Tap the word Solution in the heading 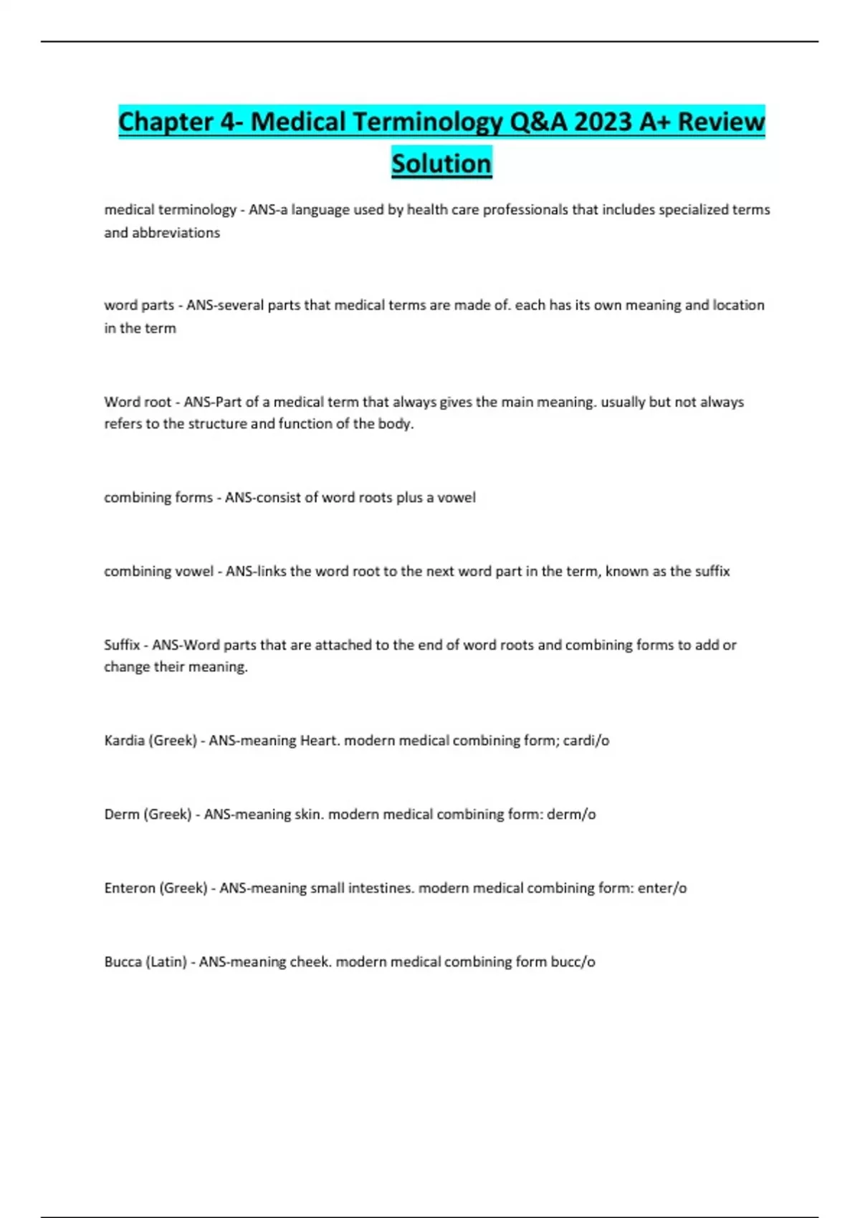[x=441, y=163]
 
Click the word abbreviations [x=176, y=233]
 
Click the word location [x=738, y=305]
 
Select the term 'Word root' [x=138, y=402]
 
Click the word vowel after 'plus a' [x=457, y=497]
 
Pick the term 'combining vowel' [x=158, y=571]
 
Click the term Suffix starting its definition [x=122, y=645]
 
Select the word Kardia [x=124, y=740]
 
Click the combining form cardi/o [x=586, y=740]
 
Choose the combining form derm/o [x=571, y=814]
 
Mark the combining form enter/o [x=662, y=888]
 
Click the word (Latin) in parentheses [x=166, y=962]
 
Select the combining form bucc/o [x=573, y=962]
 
